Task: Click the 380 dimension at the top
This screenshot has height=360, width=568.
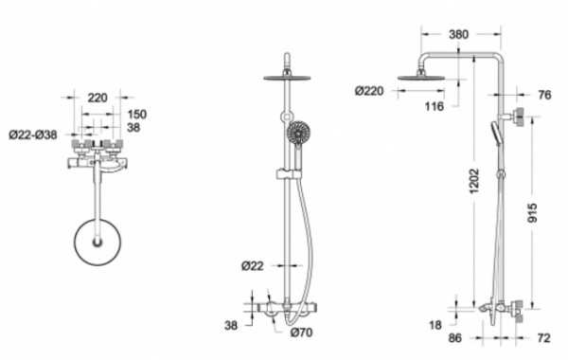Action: [x=458, y=34]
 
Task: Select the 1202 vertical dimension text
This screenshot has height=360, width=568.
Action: [x=474, y=181]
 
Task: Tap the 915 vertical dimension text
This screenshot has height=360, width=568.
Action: [x=532, y=213]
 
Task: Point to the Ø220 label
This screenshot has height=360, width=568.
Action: [x=369, y=91]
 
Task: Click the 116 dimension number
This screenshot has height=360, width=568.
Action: [x=434, y=107]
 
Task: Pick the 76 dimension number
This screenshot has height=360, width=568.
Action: [x=544, y=95]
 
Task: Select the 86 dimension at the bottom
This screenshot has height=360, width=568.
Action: [x=455, y=338]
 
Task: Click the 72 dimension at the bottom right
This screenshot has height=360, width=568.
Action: [x=543, y=338]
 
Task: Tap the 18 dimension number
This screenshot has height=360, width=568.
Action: [x=435, y=325]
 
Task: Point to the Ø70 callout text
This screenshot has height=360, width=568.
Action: [x=301, y=333]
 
